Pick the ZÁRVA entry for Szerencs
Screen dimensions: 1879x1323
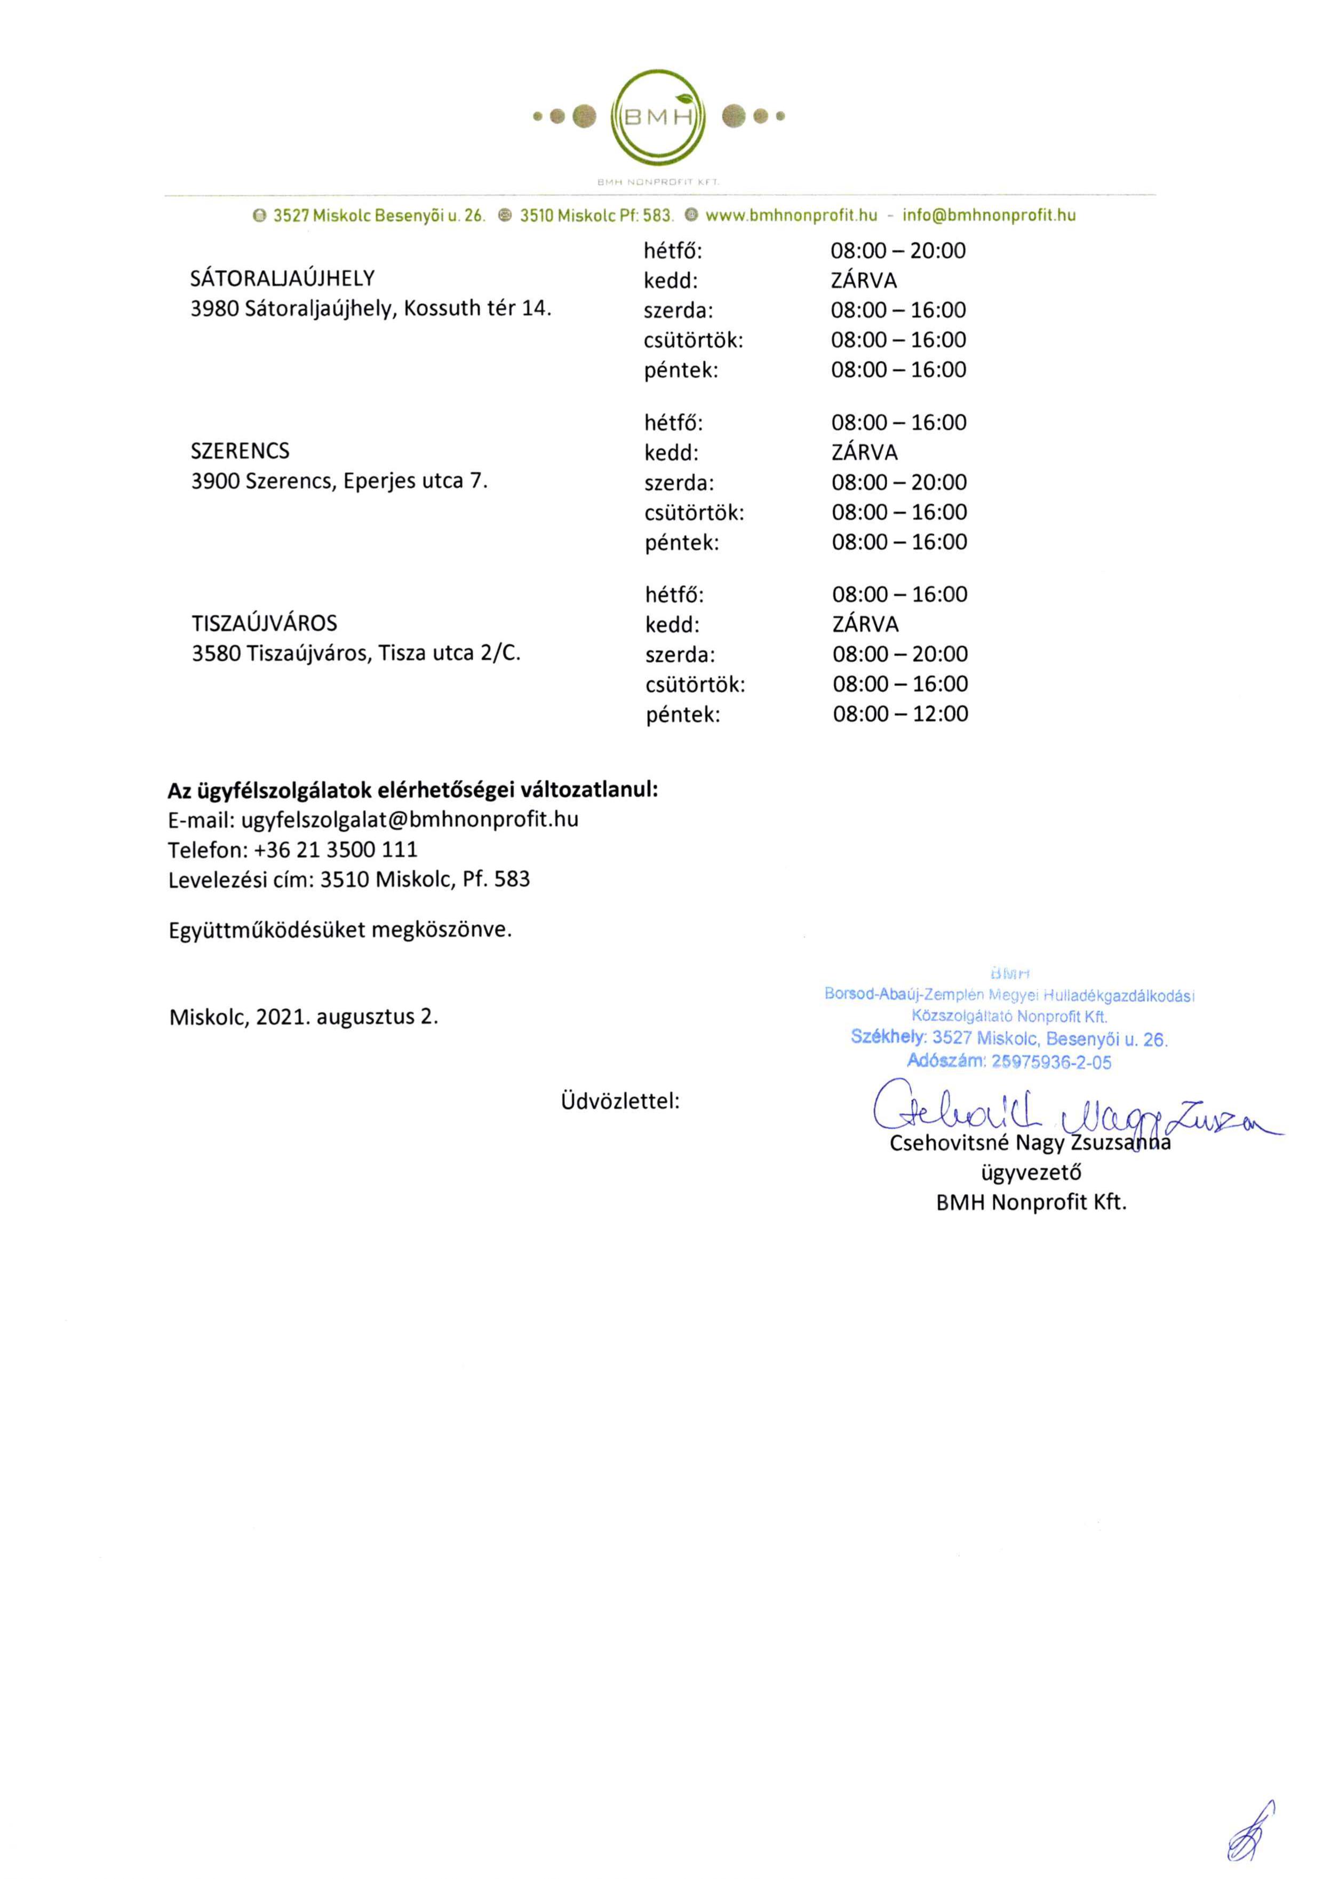point(864,453)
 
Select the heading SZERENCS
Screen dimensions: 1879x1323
point(240,451)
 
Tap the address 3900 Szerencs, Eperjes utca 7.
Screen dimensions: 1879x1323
point(339,481)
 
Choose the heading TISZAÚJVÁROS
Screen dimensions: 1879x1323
point(264,624)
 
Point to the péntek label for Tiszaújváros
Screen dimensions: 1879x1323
point(682,715)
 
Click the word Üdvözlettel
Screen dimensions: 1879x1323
point(619,1101)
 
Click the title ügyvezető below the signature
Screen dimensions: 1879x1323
point(1030,1173)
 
